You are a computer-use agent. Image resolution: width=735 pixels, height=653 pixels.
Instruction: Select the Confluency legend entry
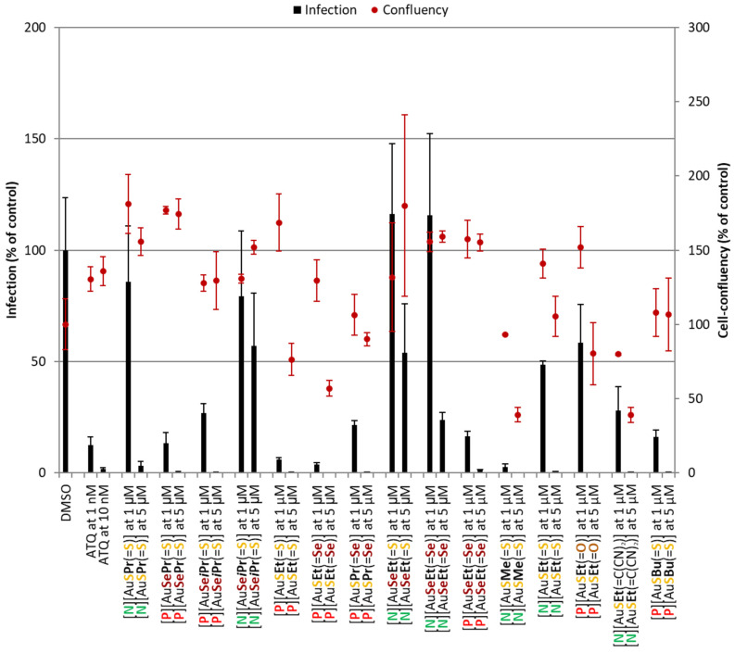[407, 10]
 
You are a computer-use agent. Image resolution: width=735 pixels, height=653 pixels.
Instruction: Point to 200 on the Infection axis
[34, 28]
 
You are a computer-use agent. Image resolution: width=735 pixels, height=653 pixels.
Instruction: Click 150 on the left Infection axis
[34, 139]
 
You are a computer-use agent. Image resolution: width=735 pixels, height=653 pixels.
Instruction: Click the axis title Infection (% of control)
[13, 250]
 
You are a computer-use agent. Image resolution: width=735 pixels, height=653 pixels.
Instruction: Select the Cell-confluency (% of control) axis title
[724, 250]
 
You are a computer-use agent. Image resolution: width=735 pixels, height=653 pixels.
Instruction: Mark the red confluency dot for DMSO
[65, 324]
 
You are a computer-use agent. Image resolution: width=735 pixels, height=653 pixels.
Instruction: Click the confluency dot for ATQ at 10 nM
[103, 271]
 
